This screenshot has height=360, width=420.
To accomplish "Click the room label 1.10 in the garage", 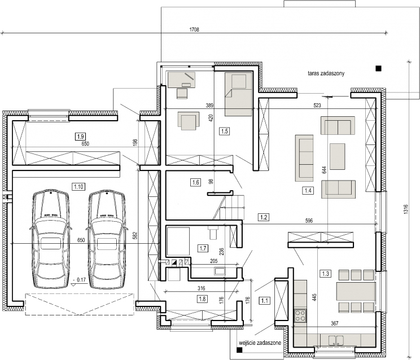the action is [x=79, y=186].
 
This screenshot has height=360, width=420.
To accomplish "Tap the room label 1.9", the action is [x=80, y=137].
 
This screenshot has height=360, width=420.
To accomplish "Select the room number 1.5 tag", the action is [x=225, y=131].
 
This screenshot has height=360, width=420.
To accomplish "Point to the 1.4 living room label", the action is [x=308, y=191].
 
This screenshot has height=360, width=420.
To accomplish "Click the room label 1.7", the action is [x=203, y=248].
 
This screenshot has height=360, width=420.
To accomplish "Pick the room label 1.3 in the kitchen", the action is [x=326, y=274].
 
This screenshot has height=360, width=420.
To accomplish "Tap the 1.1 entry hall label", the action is [x=264, y=301].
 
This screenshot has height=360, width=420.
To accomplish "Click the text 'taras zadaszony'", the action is [x=326, y=73].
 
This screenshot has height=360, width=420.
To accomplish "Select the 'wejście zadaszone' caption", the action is [x=260, y=343].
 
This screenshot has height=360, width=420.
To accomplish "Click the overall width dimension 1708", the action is [x=194, y=30].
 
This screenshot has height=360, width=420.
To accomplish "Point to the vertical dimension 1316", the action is [x=405, y=209].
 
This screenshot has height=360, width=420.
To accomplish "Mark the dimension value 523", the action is [x=317, y=106].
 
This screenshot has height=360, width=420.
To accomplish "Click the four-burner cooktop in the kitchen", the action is [x=300, y=315].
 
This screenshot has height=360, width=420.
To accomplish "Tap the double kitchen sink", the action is [x=336, y=340].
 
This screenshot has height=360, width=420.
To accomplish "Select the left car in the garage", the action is [x=50, y=239].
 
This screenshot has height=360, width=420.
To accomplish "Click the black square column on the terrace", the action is [x=378, y=68].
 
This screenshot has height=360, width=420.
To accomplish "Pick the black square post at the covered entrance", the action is [x=239, y=350].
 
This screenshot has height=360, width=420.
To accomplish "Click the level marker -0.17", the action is [x=79, y=280].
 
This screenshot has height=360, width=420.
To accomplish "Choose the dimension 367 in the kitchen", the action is [x=335, y=323].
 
